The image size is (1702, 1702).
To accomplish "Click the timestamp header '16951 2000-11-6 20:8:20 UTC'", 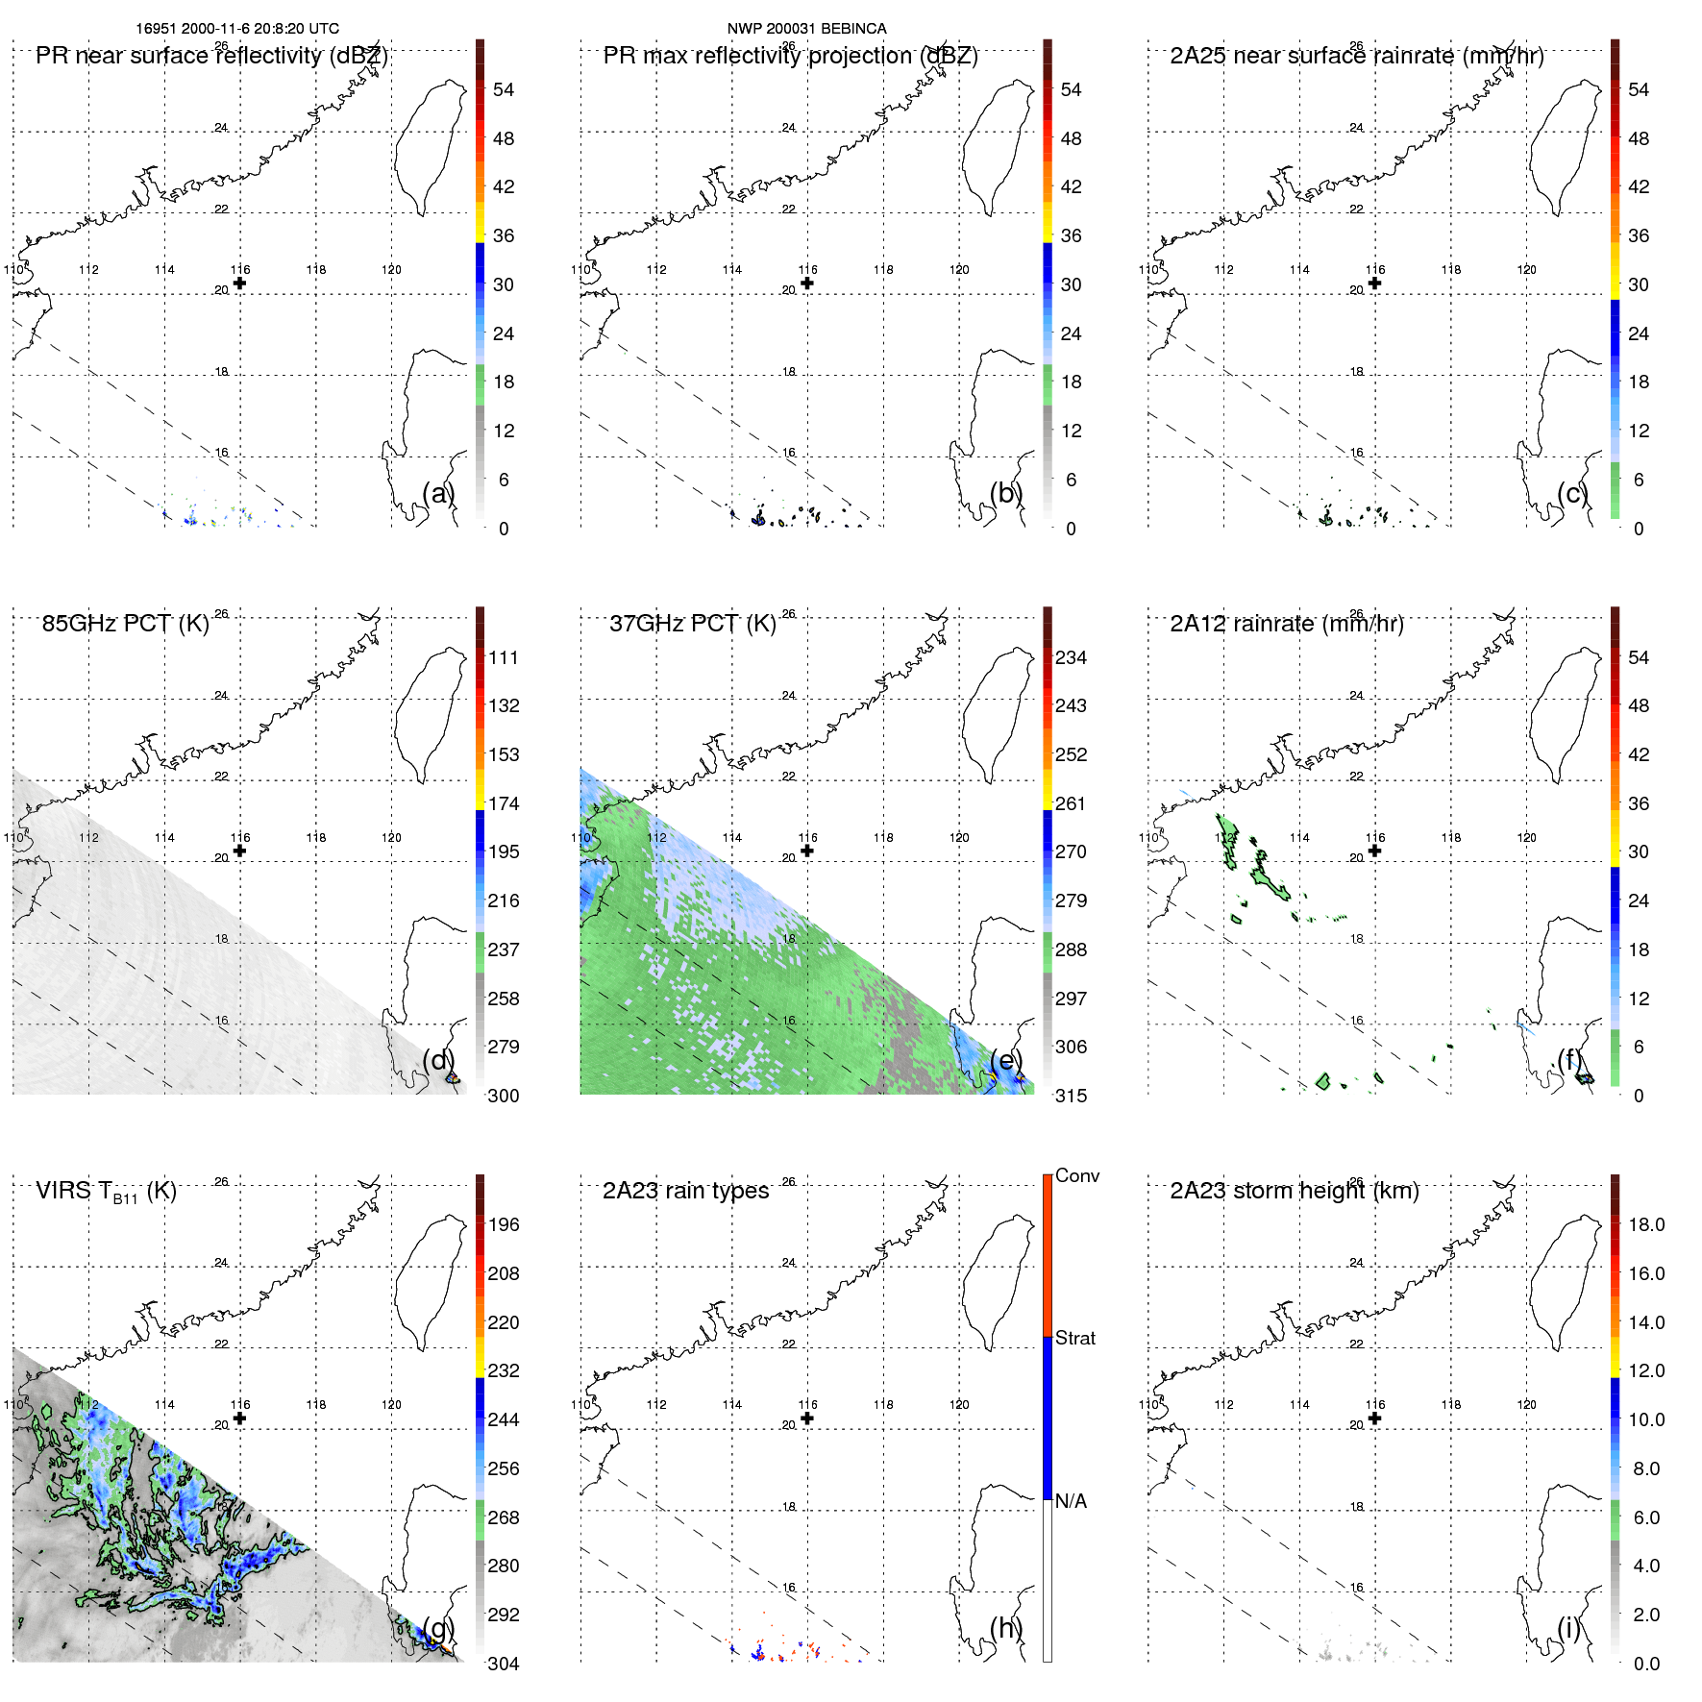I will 236,29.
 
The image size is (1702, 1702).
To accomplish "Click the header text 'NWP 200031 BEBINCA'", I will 806,29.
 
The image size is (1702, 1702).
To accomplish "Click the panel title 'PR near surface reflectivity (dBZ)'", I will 211,56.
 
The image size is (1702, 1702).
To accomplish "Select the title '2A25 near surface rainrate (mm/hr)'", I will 1356,56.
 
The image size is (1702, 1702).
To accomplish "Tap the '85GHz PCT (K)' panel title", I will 125,624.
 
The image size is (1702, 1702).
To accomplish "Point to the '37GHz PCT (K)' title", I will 692,624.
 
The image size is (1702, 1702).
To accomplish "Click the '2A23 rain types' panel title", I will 685,1191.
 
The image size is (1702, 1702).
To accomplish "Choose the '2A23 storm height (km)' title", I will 1294,1191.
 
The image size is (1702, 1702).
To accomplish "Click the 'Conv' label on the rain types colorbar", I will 1076,1176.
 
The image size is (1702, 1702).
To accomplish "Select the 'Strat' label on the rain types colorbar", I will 1074,1339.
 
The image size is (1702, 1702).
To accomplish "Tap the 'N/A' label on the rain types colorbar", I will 1071,1501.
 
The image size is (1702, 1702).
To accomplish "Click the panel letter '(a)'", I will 438,493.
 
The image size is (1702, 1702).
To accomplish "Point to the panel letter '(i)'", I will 1568,1628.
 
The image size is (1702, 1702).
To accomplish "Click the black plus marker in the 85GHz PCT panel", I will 239,851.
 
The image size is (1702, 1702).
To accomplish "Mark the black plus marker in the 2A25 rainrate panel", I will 1374,283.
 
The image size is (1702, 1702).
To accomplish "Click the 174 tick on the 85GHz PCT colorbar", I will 504,803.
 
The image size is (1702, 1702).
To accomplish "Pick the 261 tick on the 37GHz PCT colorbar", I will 1071,803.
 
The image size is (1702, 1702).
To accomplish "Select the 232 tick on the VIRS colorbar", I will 504,1370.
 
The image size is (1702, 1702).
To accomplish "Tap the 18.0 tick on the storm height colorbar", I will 1645,1225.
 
